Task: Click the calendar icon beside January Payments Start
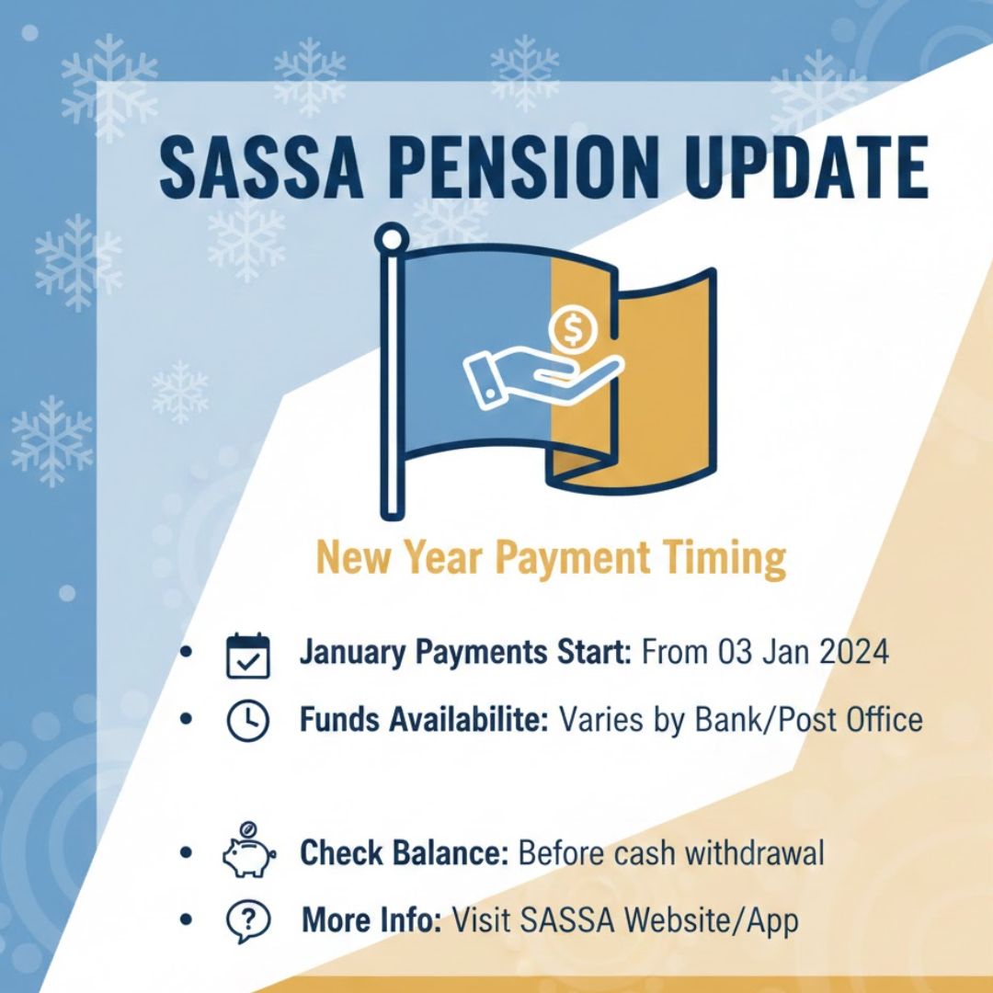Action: [x=247, y=655]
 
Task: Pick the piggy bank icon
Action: [x=248, y=853]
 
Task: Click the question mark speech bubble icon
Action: [x=247, y=920]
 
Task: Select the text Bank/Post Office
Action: [x=817, y=720]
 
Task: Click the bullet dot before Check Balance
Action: [x=188, y=854]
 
